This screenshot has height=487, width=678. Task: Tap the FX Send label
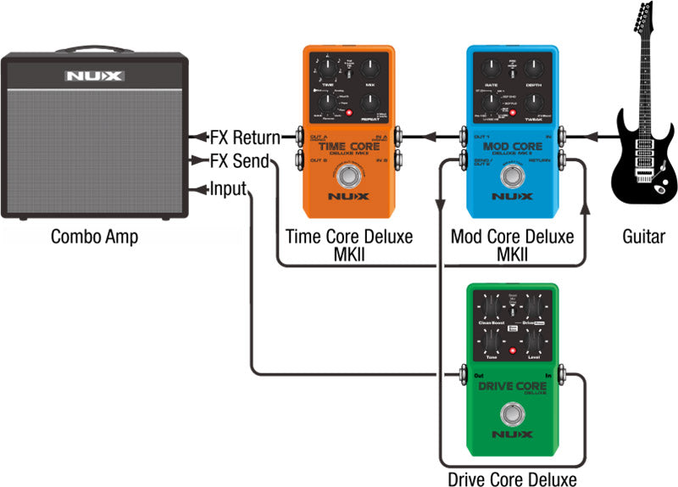tap(240, 161)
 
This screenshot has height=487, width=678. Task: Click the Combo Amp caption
tap(94, 237)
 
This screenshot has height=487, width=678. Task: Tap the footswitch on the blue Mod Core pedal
tap(514, 176)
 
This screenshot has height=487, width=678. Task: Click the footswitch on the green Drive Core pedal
tap(514, 416)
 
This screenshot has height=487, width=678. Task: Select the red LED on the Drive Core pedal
tap(512, 350)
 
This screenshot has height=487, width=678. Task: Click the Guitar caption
tap(644, 237)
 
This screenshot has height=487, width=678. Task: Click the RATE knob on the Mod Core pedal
tap(490, 71)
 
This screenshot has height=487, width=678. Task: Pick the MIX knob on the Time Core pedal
tap(370, 71)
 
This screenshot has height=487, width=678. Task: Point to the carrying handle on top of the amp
tap(94, 49)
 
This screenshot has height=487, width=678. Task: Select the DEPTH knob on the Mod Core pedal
tap(534, 71)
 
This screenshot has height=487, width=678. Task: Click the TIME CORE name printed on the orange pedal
tap(348, 145)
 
